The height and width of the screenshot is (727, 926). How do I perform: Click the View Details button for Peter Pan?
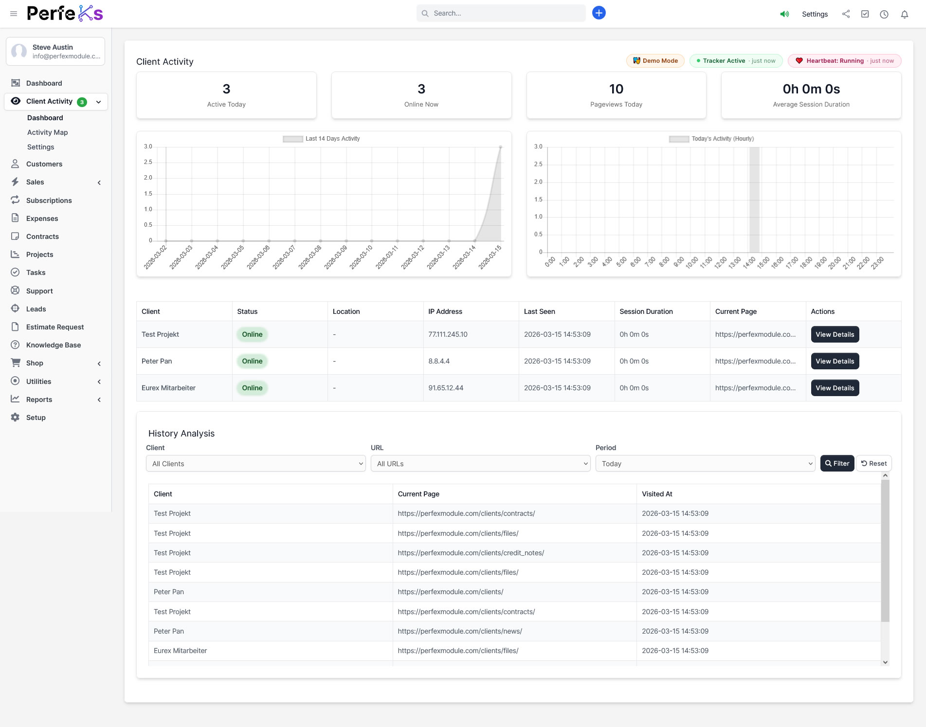pyautogui.click(x=835, y=361)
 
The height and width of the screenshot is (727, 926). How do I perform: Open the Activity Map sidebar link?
pyautogui.click(x=47, y=132)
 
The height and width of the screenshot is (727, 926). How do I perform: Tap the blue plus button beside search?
pyautogui.click(x=599, y=13)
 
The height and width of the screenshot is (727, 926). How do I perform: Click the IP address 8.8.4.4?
pyautogui.click(x=439, y=361)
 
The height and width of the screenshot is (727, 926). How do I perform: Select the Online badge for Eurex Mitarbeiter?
pyautogui.click(x=252, y=388)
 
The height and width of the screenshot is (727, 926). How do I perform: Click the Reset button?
pyautogui.click(x=874, y=463)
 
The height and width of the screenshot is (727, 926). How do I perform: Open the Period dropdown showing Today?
pyautogui.click(x=705, y=464)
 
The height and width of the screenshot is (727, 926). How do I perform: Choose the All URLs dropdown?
pyautogui.click(x=480, y=464)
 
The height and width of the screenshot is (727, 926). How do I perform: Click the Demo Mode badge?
pyautogui.click(x=655, y=61)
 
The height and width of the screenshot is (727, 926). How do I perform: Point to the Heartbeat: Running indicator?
pyautogui.click(x=844, y=61)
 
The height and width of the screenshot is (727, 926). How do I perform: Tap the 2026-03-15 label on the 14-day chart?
pyautogui.click(x=490, y=257)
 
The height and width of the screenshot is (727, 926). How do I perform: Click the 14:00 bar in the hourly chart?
pyautogui.click(x=754, y=200)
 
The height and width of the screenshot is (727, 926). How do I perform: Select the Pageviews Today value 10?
pyautogui.click(x=616, y=89)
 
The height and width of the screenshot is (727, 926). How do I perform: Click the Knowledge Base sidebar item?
pyautogui.click(x=54, y=345)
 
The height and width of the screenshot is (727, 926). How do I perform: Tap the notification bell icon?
pyautogui.click(x=904, y=14)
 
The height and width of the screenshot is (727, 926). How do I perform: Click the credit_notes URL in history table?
pyautogui.click(x=471, y=553)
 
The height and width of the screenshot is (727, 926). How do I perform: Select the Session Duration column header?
pyautogui.click(x=646, y=311)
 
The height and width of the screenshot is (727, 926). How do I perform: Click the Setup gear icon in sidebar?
pyautogui.click(x=16, y=418)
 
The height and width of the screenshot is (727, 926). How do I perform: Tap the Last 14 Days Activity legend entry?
pyautogui.click(x=322, y=139)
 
